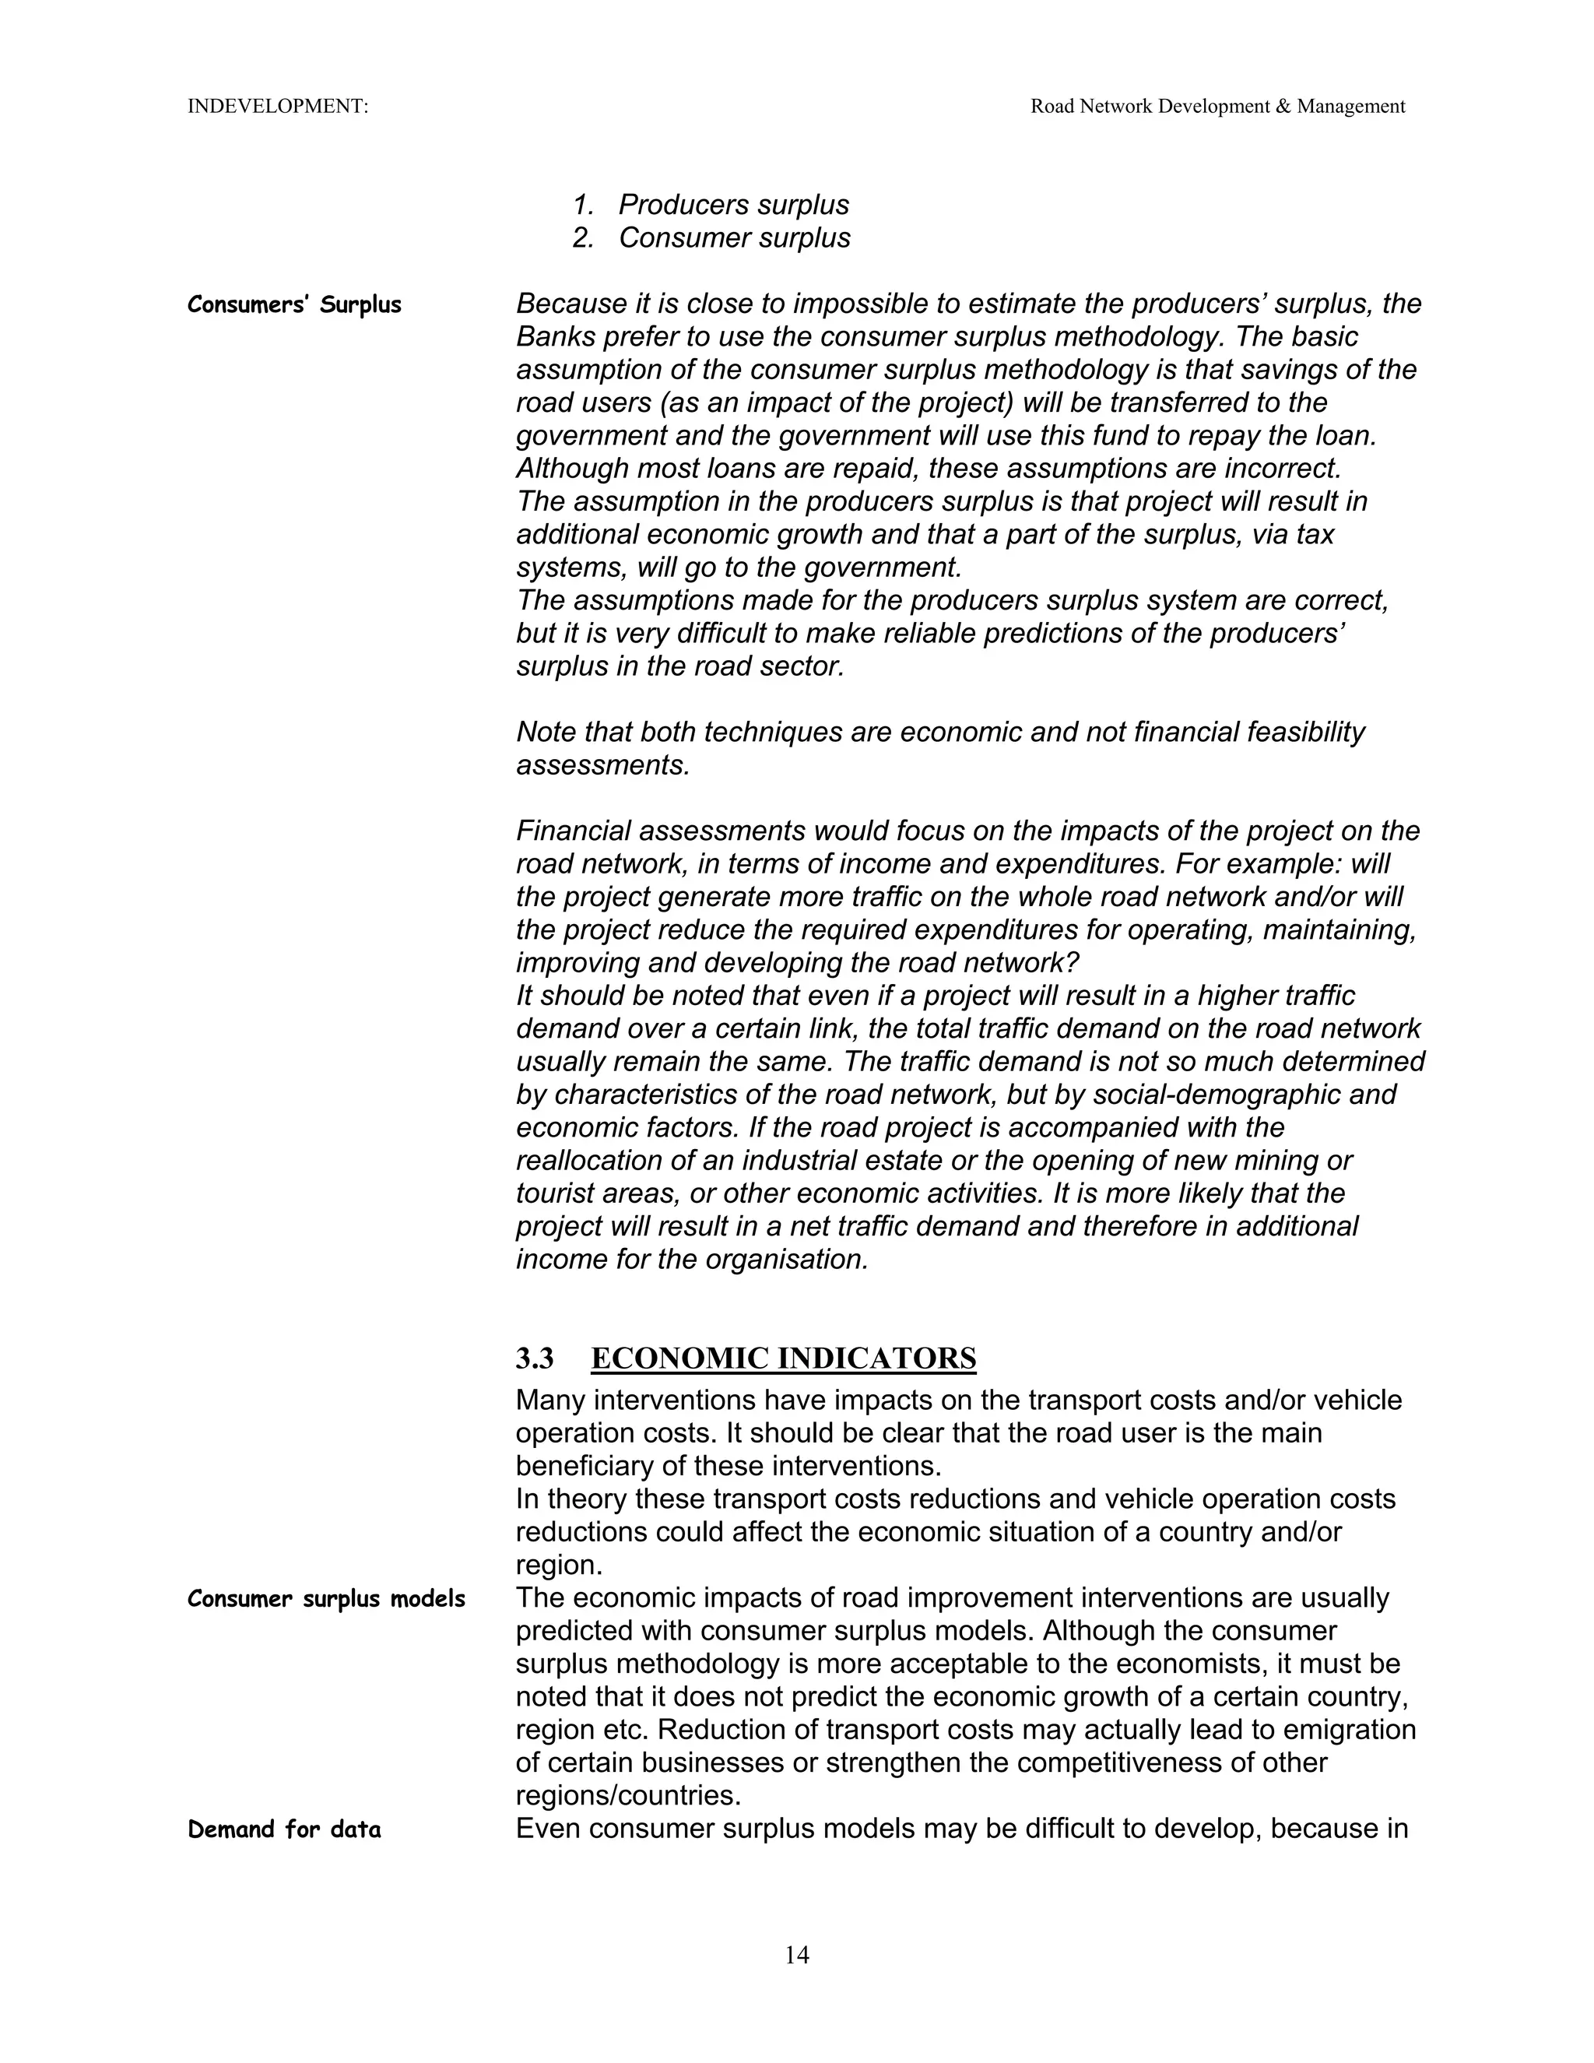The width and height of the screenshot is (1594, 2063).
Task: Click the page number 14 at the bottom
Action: pyautogui.click(x=796, y=1954)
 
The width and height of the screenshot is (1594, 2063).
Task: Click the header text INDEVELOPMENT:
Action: pyautogui.click(x=278, y=107)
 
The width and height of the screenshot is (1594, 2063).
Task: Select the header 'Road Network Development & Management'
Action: pyautogui.click(x=1217, y=107)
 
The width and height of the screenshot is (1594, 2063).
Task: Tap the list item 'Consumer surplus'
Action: pyautogui.click(x=734, y=238)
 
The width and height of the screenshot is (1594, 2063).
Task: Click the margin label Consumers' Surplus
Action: pyautogui.click(x=295, y=305)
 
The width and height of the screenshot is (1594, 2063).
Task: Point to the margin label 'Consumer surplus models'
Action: pyautogui.click(x=326, y=1599)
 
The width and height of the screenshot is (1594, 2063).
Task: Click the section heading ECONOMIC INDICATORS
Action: pyautogui.click(x=783, y=1358)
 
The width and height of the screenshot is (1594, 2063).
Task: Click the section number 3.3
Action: pyautogui.click(x=535, y=1358)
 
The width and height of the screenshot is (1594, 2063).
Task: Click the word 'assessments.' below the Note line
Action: pyautogui.click(x=602, y=765)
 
